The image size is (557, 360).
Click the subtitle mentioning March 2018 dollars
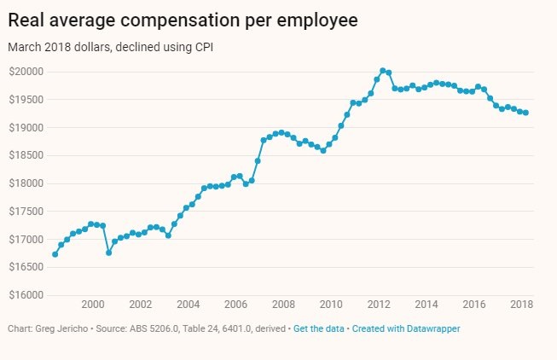click(110, 47)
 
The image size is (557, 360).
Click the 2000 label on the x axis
click(92, 305)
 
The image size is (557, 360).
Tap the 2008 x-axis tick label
click(283, 305)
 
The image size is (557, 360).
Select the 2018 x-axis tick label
click(521, 305)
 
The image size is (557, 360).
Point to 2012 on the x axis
click(379, 305)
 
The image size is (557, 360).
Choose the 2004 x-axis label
click(188, 305)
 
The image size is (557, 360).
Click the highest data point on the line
click(383, 71)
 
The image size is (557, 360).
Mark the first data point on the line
click(55, 254)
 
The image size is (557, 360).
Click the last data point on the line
click(525, 113)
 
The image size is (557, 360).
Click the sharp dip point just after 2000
click(108, 253)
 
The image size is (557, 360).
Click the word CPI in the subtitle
click(202, 47)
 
